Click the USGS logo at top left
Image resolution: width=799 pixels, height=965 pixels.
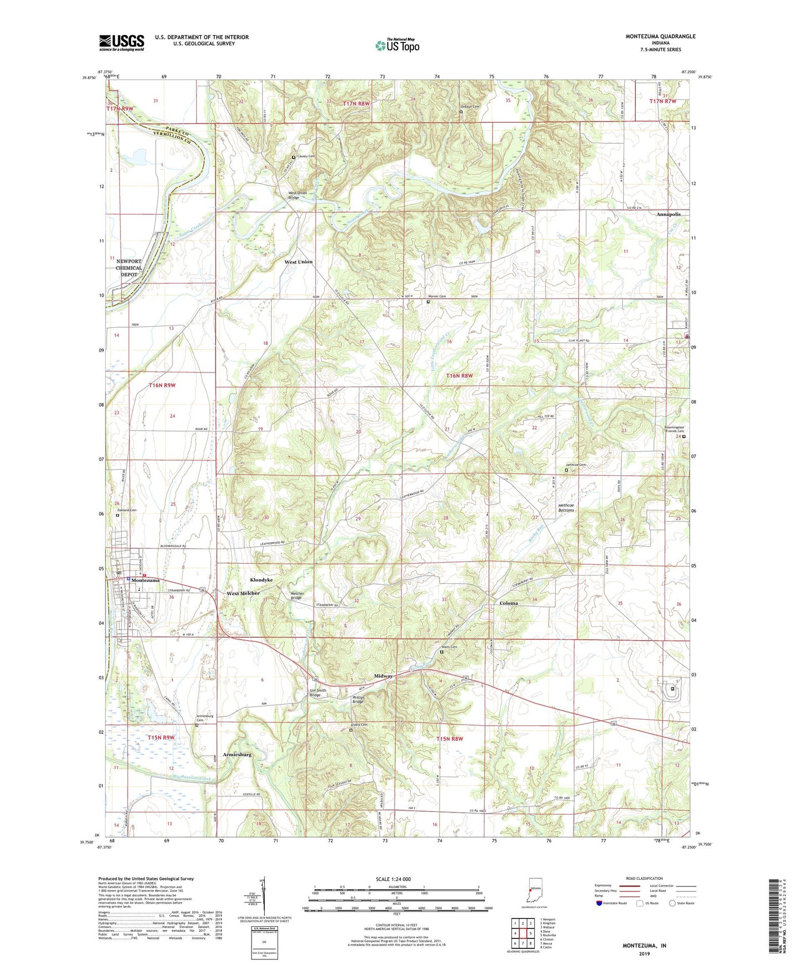point(121,43)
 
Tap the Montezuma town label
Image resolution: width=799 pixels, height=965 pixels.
point(145,580)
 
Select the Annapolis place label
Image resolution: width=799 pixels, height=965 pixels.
point(669,214)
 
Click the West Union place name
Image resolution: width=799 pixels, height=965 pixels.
point(298,262)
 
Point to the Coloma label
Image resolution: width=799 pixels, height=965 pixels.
point(509,603)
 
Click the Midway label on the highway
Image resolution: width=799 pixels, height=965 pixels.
point(383,676)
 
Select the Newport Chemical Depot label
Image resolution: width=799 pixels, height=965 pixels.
point(129,268)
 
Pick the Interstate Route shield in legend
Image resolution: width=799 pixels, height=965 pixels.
point(599,904)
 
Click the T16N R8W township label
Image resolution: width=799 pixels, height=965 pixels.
point(459,376)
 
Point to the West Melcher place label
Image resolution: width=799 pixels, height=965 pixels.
point(243,593)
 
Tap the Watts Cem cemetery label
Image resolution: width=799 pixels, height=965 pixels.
point(450,647)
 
